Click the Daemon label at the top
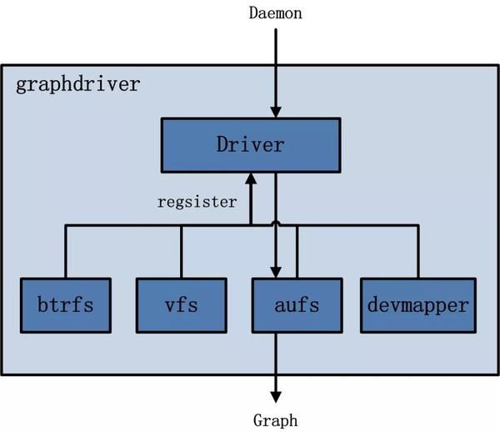tap(275, 13)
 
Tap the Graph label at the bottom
tap(275, 420)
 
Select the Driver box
tap(250, 144)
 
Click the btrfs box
tap(65, 304)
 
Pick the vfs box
tap(181, 304)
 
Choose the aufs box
tap(296, 304)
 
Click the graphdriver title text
tap(78, 86)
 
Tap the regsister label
tap(197, 202)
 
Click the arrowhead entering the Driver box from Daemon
tap(275, 113)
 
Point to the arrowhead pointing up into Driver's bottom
tap(250, 178)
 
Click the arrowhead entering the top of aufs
tap(275, 272)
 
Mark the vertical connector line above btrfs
tap(65, 250)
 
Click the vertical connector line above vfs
tap(181, 250)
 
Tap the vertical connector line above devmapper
tap(418, 250)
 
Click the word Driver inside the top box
tap(250, 144)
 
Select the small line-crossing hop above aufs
tap(275, 224)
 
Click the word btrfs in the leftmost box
tap(65, 304)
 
